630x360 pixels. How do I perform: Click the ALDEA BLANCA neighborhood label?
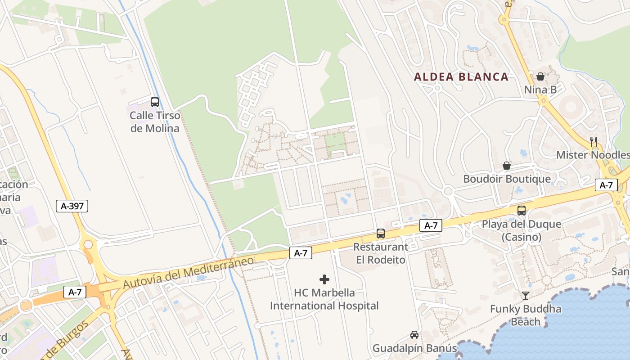coord(461,77)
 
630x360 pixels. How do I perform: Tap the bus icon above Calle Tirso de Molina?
coord(155,102)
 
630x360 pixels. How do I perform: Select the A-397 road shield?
coord(72,206)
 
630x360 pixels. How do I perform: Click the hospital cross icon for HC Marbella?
coord(324,279)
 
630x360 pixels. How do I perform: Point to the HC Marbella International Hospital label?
coord(324,299)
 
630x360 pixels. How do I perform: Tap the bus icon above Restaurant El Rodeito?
coord(381,234)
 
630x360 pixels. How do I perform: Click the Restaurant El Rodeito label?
coord(381,253)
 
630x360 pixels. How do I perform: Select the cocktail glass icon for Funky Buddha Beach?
coord(526,296)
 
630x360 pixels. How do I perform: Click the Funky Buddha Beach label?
coord(526,315)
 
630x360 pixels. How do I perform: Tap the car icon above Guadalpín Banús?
coord(414,335)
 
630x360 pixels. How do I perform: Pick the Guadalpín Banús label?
coord(414,348)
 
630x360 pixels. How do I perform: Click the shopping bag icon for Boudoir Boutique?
coord(507,166)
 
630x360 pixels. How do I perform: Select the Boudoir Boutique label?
coord(507,179)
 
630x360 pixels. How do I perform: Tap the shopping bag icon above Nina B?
coord(540,76)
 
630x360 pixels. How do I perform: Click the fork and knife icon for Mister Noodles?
coord(594,141)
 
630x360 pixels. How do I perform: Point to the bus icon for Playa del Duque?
coord(522,210)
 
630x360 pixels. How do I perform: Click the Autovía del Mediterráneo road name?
coord(188,271)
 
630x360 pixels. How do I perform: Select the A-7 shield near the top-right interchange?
coord(606,185)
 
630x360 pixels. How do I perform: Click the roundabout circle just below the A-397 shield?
coord(88,245)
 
